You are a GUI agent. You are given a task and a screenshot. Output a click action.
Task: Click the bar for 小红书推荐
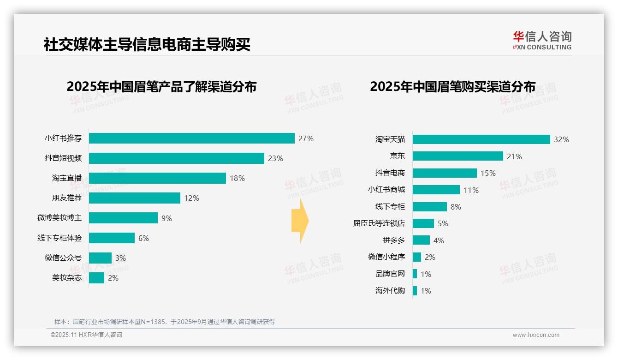point(191,138)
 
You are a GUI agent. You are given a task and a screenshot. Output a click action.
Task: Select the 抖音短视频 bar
point(176,158)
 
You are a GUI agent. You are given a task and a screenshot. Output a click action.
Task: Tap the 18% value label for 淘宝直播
point(237,178)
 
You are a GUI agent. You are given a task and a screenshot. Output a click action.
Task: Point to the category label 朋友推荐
point(66,198)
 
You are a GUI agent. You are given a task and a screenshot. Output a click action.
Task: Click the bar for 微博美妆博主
point(123,218)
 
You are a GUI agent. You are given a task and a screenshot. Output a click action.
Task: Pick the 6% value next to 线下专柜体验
point(143,238)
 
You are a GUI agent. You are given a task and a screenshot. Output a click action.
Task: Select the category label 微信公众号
point(63,258)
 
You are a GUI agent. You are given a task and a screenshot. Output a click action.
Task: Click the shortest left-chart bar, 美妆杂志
point(96,278)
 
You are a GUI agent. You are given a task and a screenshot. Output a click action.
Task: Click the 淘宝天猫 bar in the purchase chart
point(481,139)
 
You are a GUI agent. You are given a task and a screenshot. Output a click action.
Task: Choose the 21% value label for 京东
point(514,156)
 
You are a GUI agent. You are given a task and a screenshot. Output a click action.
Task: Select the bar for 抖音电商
point(445,173)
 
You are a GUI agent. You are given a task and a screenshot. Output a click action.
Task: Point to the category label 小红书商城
point(386,190)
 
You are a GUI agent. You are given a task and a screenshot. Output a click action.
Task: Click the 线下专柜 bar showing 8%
point(429,207)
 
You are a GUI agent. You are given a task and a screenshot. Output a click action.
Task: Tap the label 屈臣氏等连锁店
point(379,223)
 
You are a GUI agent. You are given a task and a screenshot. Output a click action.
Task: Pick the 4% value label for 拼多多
point(439,240)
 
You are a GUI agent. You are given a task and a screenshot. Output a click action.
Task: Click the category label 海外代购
point(390,291)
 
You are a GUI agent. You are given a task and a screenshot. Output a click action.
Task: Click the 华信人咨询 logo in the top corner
point(542,41)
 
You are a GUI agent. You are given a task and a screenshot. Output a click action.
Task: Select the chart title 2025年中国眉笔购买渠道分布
point(452,87)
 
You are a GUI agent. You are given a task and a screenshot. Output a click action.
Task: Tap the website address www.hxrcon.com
point(536,335)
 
